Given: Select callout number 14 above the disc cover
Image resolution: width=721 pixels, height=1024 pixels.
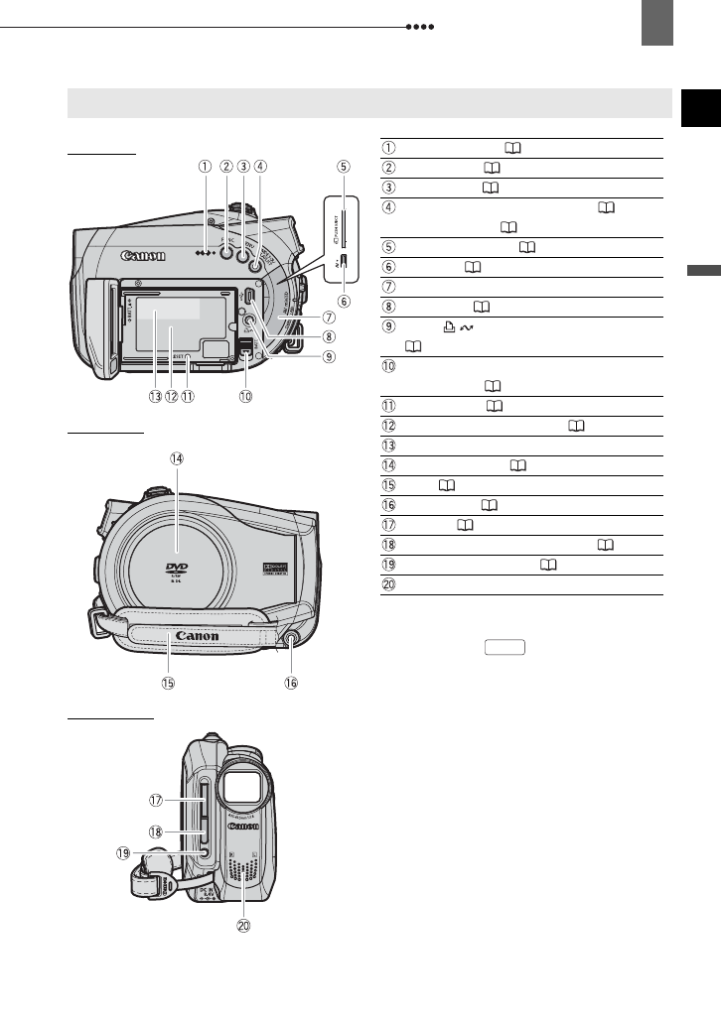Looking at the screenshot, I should tap(177, 458).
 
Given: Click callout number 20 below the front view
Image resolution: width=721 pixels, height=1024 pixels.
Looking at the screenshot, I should tap(242, 926).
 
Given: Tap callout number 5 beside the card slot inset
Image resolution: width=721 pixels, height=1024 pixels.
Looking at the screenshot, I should tap(344, 167).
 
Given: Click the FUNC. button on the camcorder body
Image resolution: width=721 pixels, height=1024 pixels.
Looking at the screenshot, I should tap(226, 252).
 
